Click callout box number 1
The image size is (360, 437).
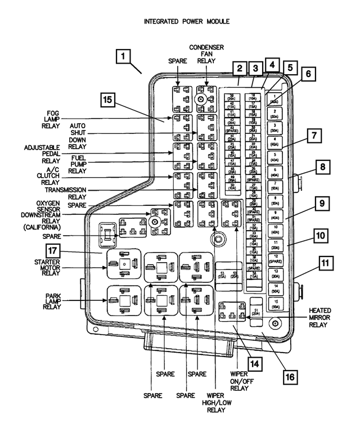pos(124,57)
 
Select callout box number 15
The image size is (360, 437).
pos(110,101)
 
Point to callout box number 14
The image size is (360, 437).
pos(255,364)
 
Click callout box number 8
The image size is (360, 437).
pos(322,167)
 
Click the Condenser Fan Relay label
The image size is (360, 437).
pos(206,56)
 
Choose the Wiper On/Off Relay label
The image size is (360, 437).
pos(238,380)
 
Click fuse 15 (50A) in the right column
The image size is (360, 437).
pos(274,304)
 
